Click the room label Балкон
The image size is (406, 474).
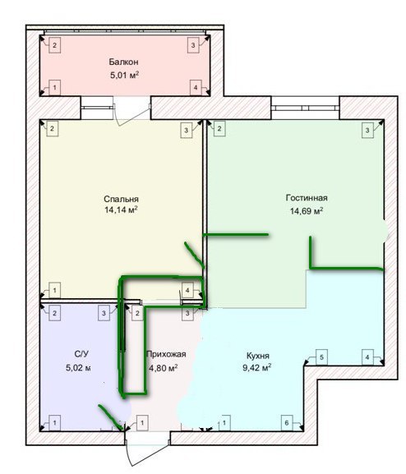click(124, 62)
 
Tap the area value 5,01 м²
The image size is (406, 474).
click(125, 75)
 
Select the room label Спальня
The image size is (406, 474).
click(121, 199)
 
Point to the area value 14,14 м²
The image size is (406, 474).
click(121, 209)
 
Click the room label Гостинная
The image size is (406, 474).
click(307, 198)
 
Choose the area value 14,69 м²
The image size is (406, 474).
click(307, 210)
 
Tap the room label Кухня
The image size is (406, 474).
click(258, 356)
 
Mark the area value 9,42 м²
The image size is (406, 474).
click(257, 368)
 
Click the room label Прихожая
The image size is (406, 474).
click(166, 354)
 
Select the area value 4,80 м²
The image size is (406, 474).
click(164, 368)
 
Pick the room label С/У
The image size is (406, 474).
click(81, 354)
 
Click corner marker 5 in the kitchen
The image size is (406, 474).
click(321, 357)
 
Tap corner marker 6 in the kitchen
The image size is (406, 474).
click(287, 423)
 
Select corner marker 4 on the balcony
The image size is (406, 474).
click(196, 88)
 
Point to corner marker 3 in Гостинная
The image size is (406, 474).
click(367, 131)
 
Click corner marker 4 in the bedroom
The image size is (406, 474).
click(187, 290)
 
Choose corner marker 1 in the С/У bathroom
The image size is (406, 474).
click(55, 423)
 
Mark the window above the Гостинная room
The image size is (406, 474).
click(305, 108)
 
